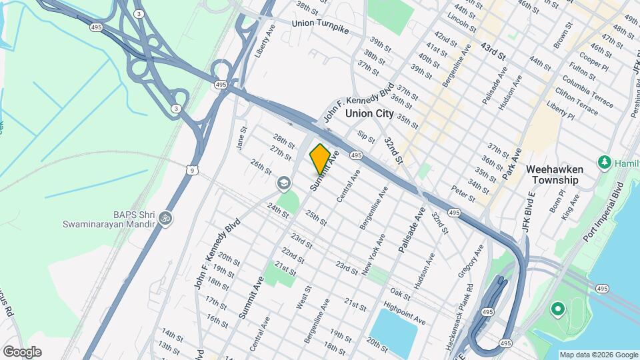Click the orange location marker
click(320, 159)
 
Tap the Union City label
click(369, 113)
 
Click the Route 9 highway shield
click(192, 171)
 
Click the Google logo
click(22, 352)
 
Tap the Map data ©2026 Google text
click(598, 355)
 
